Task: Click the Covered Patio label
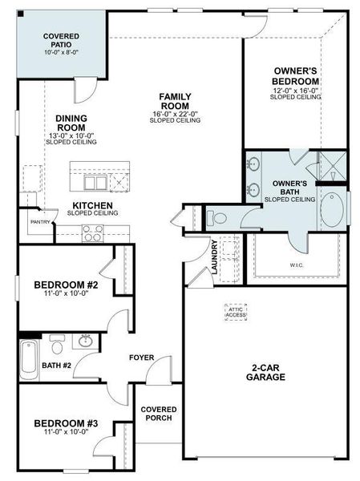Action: [x=60, y=40]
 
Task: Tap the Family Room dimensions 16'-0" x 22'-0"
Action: [x=175, y=114]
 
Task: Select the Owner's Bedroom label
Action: [x=297, y=75]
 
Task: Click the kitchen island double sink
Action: [x=97, y=183]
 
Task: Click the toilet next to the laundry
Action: [x=218, y=216]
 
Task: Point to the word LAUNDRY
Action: [x=215, y=257]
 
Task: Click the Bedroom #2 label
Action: [x=65, y=285]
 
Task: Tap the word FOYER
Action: [x=142, y=358]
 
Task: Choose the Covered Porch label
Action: [x=159, y=415]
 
